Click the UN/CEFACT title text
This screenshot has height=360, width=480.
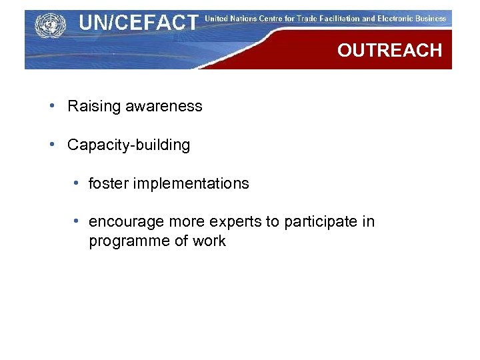pos(138,23)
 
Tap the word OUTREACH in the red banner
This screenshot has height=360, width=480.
pos(389,51)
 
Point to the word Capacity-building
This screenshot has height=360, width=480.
pos(129,145)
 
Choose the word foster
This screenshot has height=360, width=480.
pos(109,183)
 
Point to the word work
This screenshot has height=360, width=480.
pos(209,241)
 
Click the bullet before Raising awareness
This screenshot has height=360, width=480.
pos(52,106)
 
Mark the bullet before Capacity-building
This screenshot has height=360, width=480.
pos(52,145)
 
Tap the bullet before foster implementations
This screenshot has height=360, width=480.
pos(78,183)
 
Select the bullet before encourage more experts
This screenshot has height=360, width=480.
pos(78,221)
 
